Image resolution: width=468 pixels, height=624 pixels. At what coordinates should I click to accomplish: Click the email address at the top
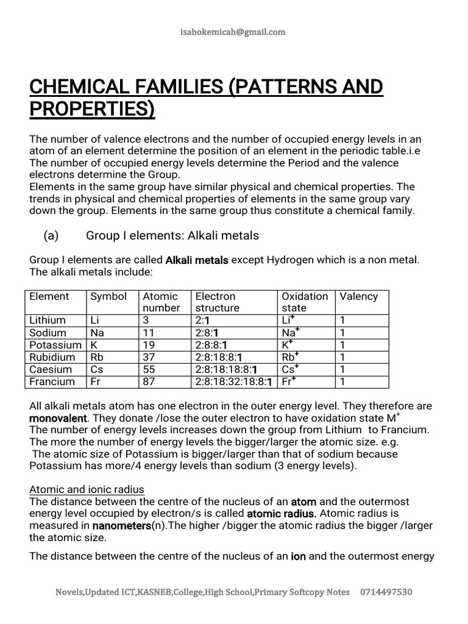tap(234, 32)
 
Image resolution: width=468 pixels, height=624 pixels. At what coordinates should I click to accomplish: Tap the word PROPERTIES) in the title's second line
tap(92, 110)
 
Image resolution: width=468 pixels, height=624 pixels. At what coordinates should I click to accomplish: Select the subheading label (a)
tap(50, 235)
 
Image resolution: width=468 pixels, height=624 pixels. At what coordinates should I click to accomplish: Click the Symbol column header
tap(108, 297)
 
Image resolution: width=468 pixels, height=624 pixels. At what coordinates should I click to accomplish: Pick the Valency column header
tap(359, 297)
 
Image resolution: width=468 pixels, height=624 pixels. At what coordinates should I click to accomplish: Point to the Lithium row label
tap(48, 321)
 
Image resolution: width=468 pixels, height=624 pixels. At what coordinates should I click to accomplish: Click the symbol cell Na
tap(97, 333)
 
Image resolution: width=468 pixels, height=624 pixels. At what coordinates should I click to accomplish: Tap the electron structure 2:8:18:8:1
tap(219, 357)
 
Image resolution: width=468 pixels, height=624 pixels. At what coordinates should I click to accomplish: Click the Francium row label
tap(52, 381)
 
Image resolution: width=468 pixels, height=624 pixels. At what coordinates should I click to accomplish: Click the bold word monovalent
tap(58, 419)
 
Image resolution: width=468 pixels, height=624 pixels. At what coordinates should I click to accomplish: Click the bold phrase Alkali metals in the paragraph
tap(197, 260)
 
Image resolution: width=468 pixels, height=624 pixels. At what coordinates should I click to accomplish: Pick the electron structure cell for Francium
tap(235, 381)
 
